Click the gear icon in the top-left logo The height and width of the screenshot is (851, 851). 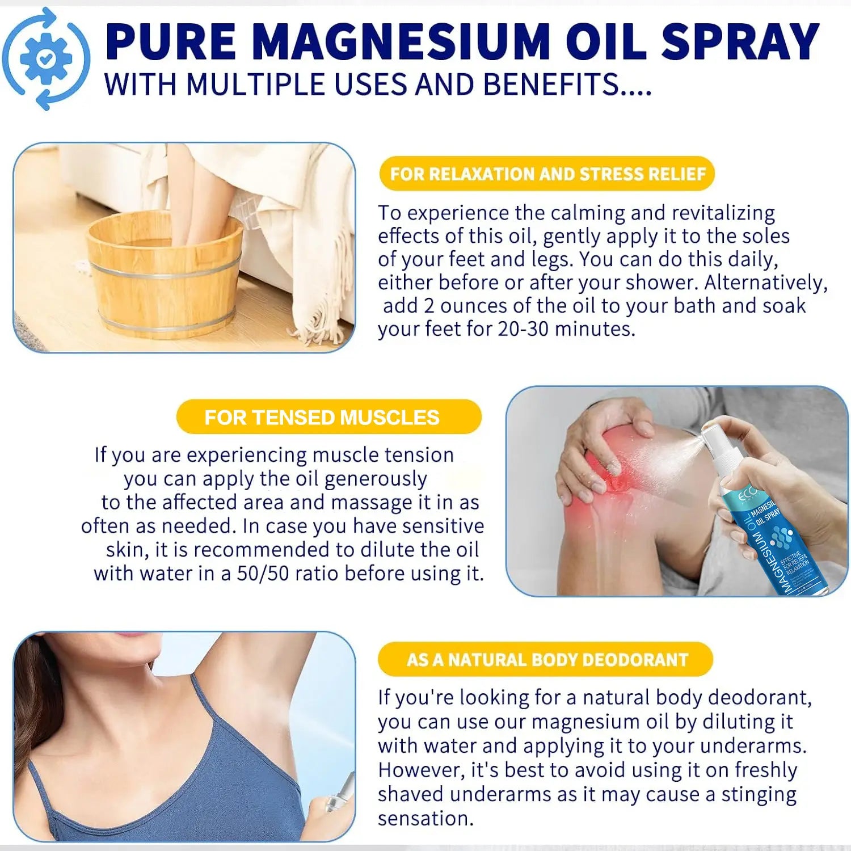click(x=46, y=58)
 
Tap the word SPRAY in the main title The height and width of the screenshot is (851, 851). click(x=740, y=42)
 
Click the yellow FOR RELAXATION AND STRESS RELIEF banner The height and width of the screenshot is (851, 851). click(x=547, y=174)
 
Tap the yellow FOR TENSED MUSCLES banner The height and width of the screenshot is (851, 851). click(x=329, y=417)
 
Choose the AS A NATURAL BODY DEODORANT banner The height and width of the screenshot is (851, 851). click(x=545, y=659)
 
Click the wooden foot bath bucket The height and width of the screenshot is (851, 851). click(x=165, y=275)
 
